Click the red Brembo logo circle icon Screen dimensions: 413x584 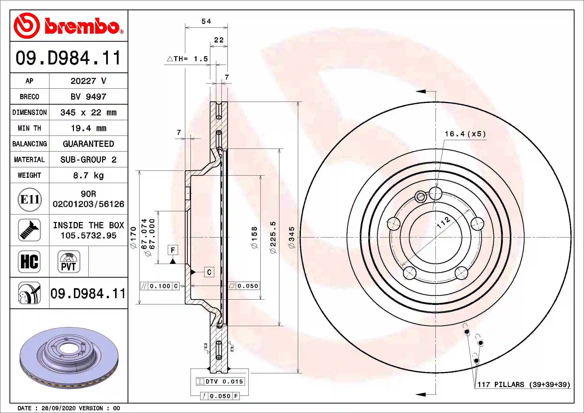click(26, 26)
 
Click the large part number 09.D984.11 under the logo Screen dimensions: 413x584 click(68, 58)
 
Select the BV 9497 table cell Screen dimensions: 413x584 click(88, 97)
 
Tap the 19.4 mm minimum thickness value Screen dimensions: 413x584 click(88, 128)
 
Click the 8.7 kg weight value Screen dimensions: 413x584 click(88, 175)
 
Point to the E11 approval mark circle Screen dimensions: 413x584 click(30, 199)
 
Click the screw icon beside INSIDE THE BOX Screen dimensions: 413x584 click(29, 230)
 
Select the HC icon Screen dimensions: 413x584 click(29, 261)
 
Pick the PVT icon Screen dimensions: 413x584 click(69, 261)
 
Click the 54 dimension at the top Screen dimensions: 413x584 click(206, 21)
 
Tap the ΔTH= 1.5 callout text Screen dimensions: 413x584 click(188, 59)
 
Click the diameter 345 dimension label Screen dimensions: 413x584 click(291, 237)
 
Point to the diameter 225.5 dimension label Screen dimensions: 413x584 click(273, 237)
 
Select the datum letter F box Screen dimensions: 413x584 click(173, 250)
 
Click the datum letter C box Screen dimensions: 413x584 click(209, 272)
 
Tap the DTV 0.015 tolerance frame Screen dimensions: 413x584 click(220, 382)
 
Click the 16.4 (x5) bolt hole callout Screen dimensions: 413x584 click(465, 134)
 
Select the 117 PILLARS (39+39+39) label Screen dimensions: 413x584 click(524, 385)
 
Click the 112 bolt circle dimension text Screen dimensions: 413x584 click(443, 222)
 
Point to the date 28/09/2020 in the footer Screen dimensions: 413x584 click(58, 408)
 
